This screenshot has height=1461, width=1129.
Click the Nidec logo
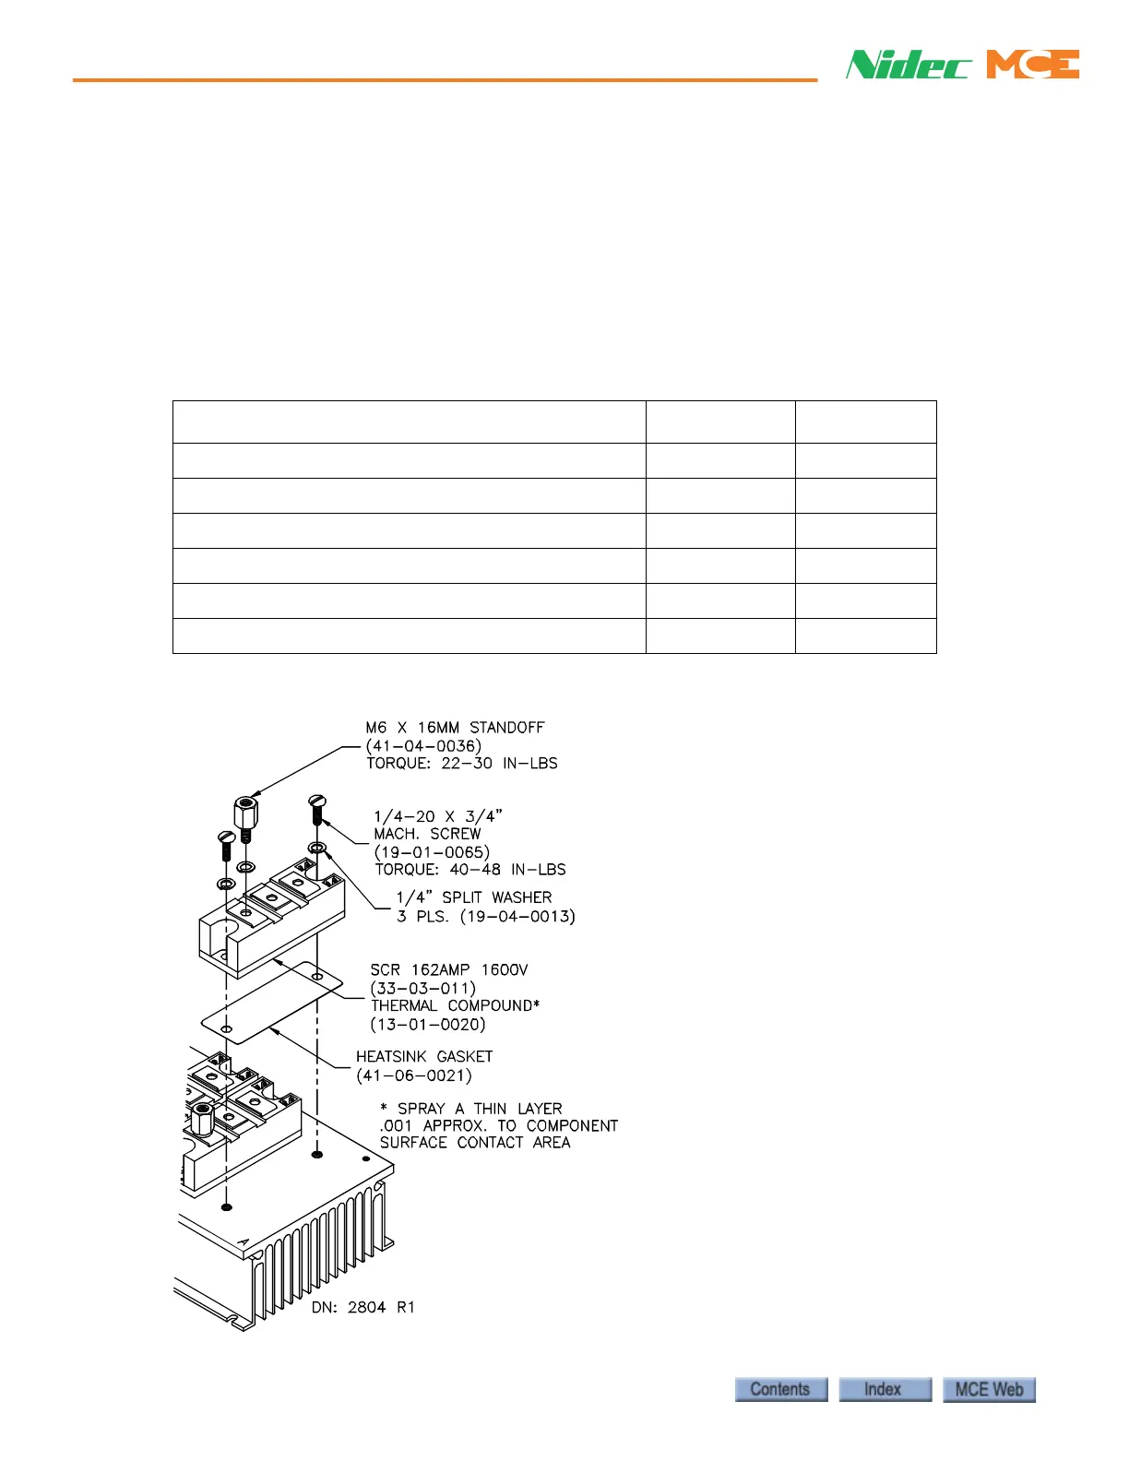(909, 65)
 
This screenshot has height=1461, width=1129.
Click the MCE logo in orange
(1032, 65)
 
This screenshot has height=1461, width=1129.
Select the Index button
(884, 1389)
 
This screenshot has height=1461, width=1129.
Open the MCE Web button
(989, 1389)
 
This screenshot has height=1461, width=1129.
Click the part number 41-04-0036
(423, 746)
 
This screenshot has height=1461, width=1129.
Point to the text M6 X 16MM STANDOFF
(455, 728)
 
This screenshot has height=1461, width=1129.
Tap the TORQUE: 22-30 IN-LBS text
(462, 764)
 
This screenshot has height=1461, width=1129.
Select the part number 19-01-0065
(432, 852)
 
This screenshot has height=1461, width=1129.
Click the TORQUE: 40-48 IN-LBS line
(469, 870)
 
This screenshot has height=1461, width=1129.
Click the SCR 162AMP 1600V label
(449, 970)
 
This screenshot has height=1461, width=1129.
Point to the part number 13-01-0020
(428, 1024)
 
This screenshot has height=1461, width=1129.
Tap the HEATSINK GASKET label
(424, 1057)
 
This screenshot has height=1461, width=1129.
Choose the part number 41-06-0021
(414, 1075)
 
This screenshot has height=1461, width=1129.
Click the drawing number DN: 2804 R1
(362, 1307)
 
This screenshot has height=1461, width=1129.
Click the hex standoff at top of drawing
(244, 814)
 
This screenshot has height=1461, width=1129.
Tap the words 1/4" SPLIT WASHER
(474, 897)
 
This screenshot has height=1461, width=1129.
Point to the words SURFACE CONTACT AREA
(475, 1143)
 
